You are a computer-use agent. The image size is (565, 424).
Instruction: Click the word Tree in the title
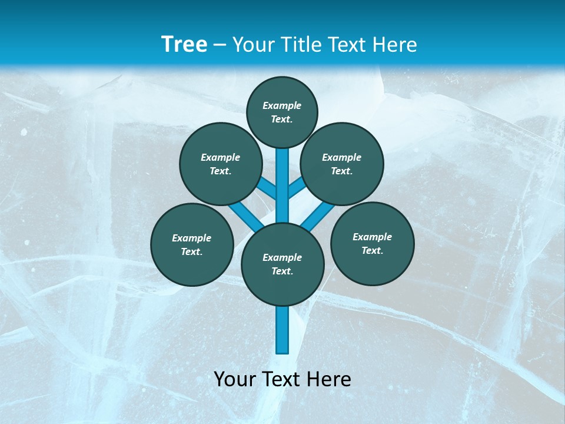pos(184,44)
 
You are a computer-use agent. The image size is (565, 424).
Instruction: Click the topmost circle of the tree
pos(282,112)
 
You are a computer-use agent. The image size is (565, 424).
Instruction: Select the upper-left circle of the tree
pos(221,164)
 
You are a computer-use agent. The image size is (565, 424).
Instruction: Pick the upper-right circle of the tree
pos(342,164)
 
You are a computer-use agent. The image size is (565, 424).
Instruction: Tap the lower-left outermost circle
pos(192,244)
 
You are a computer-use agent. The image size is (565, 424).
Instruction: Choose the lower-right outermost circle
pos(373,243)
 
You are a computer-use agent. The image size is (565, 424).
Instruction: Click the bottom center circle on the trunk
pos(282,264)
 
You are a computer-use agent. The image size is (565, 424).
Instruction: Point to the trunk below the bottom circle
pos(282,330)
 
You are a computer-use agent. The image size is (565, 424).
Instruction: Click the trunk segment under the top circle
pos(282,177)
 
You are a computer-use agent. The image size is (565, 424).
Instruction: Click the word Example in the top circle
pos(282,105)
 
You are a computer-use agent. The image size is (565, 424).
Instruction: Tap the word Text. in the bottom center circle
pos(282,271)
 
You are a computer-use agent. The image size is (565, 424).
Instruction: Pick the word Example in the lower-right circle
pos(372,237)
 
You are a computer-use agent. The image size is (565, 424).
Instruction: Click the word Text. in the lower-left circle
pos(191,252)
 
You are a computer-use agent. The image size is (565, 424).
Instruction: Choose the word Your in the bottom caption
pos(235,379)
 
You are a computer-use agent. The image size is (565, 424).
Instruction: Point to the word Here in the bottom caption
pos(329,379)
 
